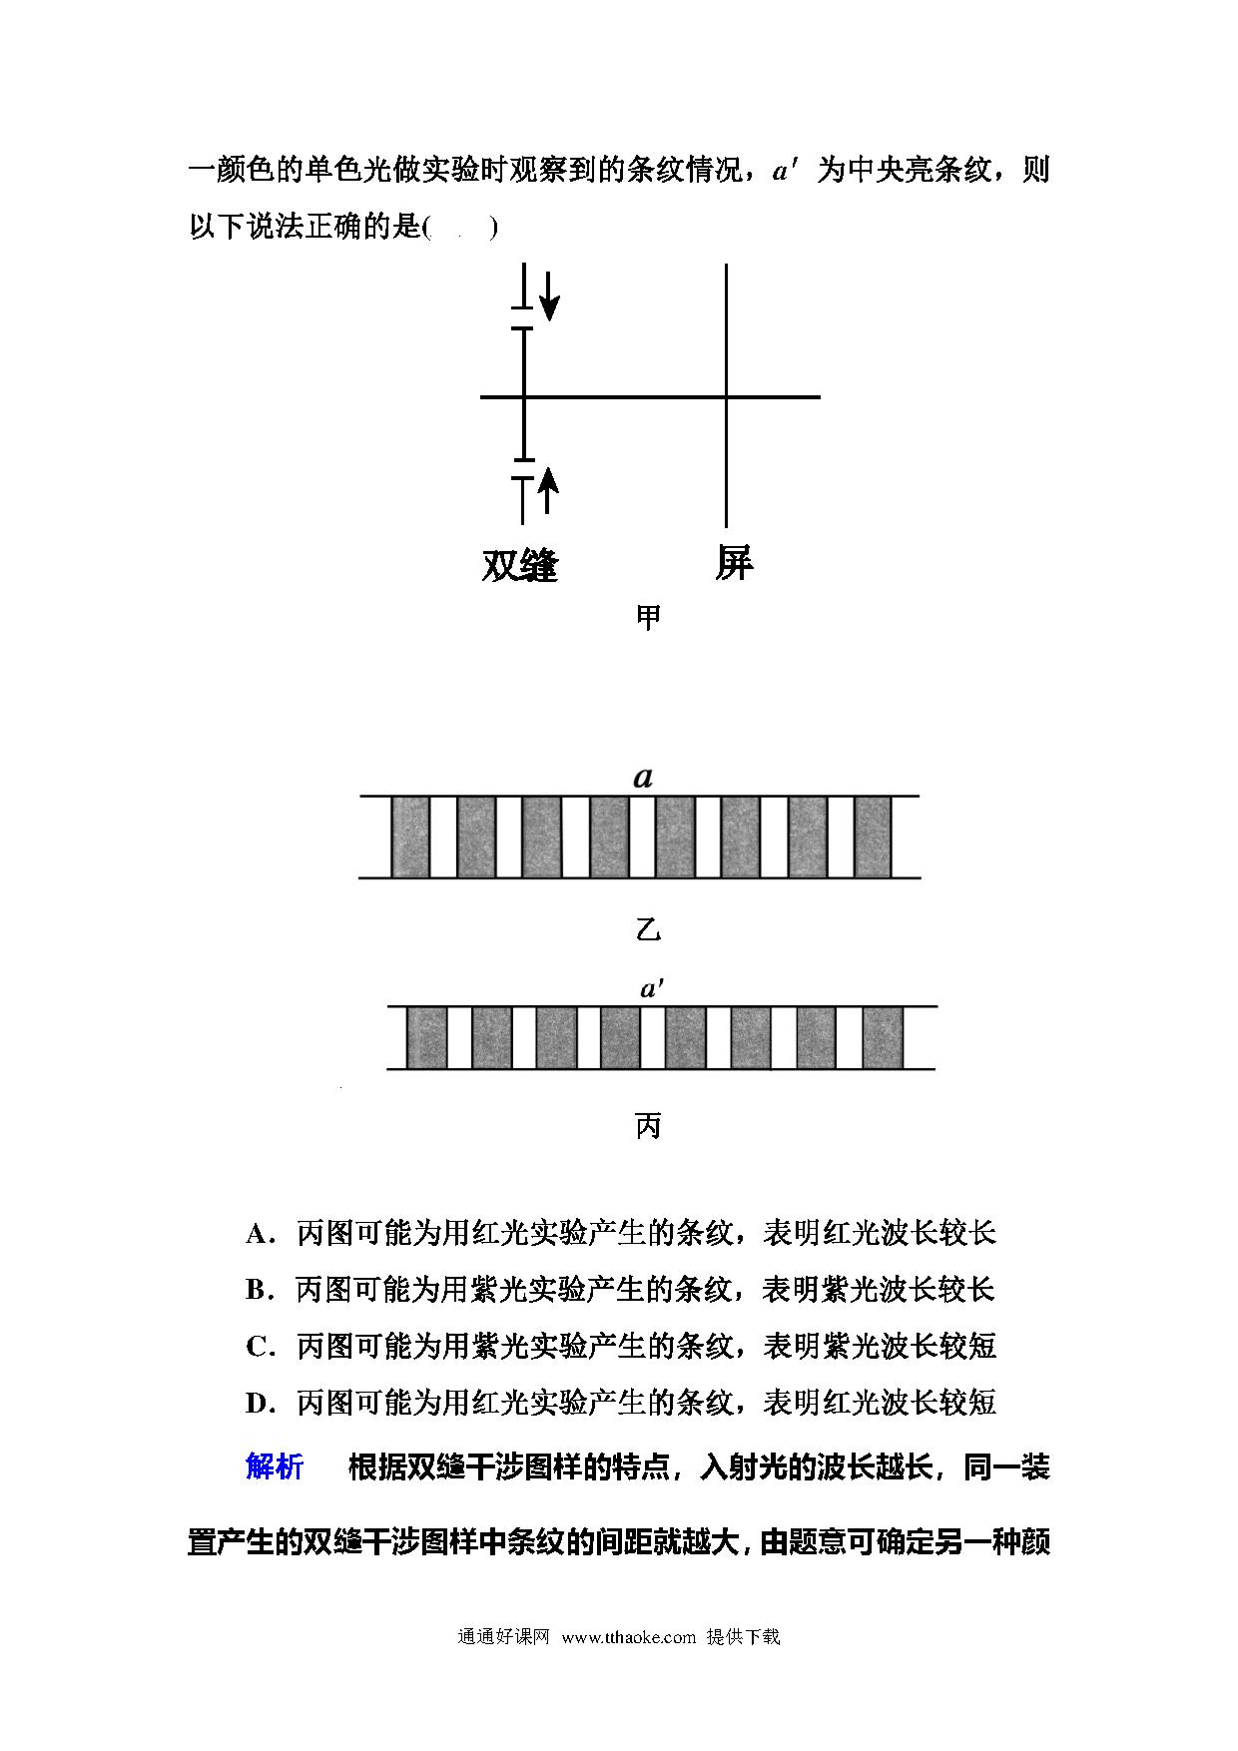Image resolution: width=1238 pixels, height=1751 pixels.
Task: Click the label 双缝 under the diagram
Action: pos(520,565)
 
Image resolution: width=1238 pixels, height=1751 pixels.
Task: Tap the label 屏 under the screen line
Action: pos(734,563)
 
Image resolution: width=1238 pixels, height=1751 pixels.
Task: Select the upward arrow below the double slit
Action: pos(547,489)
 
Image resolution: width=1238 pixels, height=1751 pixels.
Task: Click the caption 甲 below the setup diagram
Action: pos(648,618)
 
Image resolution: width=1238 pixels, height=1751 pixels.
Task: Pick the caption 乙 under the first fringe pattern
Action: pos(648,930)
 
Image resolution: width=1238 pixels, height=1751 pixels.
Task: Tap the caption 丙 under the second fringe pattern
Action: pos(648,1127)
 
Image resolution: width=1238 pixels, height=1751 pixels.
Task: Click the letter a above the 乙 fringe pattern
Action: pos(643,777)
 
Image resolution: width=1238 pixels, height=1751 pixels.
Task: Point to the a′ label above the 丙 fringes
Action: pos(652,988)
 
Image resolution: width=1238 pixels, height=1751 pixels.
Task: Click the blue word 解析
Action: pos(275,1466)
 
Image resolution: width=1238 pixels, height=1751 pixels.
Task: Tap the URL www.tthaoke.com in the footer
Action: pos(629,1637)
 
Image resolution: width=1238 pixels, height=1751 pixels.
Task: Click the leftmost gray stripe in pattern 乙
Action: pos(410,837)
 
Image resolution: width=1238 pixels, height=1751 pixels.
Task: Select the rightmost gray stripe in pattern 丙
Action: pos(883,1038)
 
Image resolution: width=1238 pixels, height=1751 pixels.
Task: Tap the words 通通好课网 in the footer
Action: pos(504,1637)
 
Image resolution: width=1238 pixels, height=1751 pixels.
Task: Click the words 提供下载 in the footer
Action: pos(743,1637)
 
